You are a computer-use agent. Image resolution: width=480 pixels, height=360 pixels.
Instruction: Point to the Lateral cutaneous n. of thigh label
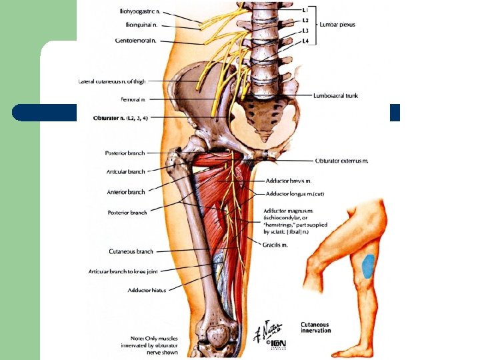(x=111, y=82)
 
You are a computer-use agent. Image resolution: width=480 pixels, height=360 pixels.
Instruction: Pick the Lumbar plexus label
(x=338, y=25)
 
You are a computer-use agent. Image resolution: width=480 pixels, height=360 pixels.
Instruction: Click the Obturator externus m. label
(x=341, y=161)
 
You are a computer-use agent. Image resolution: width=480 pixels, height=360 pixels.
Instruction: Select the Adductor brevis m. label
(x=289, y=181)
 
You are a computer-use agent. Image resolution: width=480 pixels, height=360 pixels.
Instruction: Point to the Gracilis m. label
(x=275, y=245)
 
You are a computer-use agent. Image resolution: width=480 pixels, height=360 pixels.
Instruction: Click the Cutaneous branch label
(x=131, y=251)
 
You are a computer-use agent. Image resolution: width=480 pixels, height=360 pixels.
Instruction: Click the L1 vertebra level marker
(x=305, y=11)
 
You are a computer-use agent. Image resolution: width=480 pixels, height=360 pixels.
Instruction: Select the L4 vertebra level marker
(x=305, y=41)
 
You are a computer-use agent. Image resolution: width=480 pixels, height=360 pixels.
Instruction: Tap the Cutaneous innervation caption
(x=315, y=327)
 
